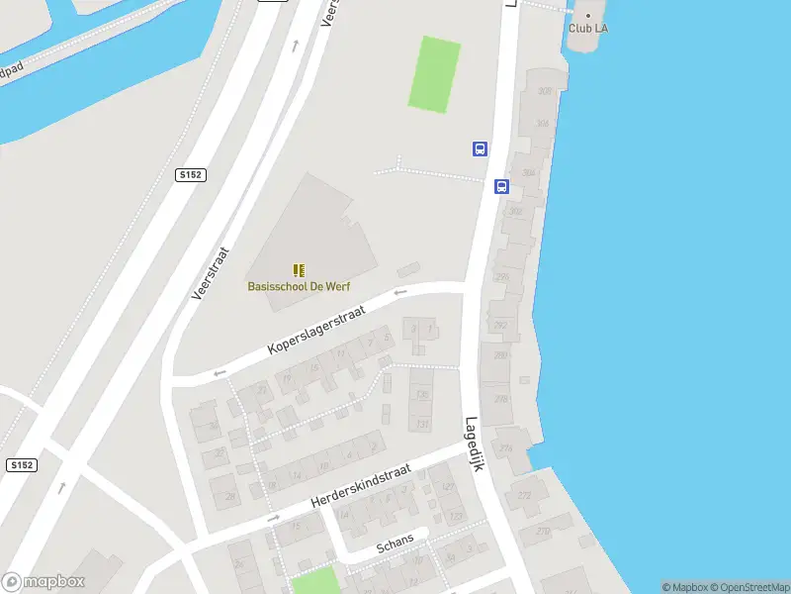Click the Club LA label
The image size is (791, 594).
click(587, 28)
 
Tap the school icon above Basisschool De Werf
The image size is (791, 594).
click(298, 269)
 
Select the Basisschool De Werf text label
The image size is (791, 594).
click(298, 286)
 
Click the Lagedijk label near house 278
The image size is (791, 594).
click(475, 442)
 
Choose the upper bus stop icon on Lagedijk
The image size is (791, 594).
click(480, 149)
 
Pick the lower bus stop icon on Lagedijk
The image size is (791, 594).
click(501, 186)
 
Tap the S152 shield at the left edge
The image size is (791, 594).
click(21, 464)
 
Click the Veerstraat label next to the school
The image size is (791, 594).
click(210, 272)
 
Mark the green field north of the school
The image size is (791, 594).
click(434, 73)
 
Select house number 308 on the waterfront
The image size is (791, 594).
click(544, 91)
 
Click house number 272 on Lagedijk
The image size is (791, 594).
click(524, 495)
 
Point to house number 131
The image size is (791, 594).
click(423, 425)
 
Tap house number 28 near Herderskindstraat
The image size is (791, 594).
click(230, 496)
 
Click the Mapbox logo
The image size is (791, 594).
click(44, 582)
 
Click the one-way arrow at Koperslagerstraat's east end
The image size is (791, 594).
click(399, 292)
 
